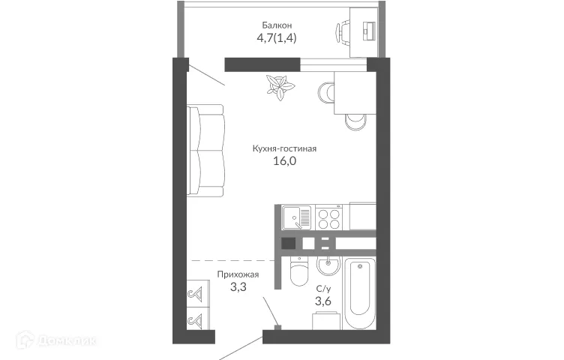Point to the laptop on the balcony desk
point(369,30)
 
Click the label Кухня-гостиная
point(284,148)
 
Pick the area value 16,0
point(284,162)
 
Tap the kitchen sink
point(296,218)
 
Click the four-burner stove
point(328,218)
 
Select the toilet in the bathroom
point(298,272)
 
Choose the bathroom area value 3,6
point(323,302)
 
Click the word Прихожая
point(238,275)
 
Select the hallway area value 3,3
point(238,289)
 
